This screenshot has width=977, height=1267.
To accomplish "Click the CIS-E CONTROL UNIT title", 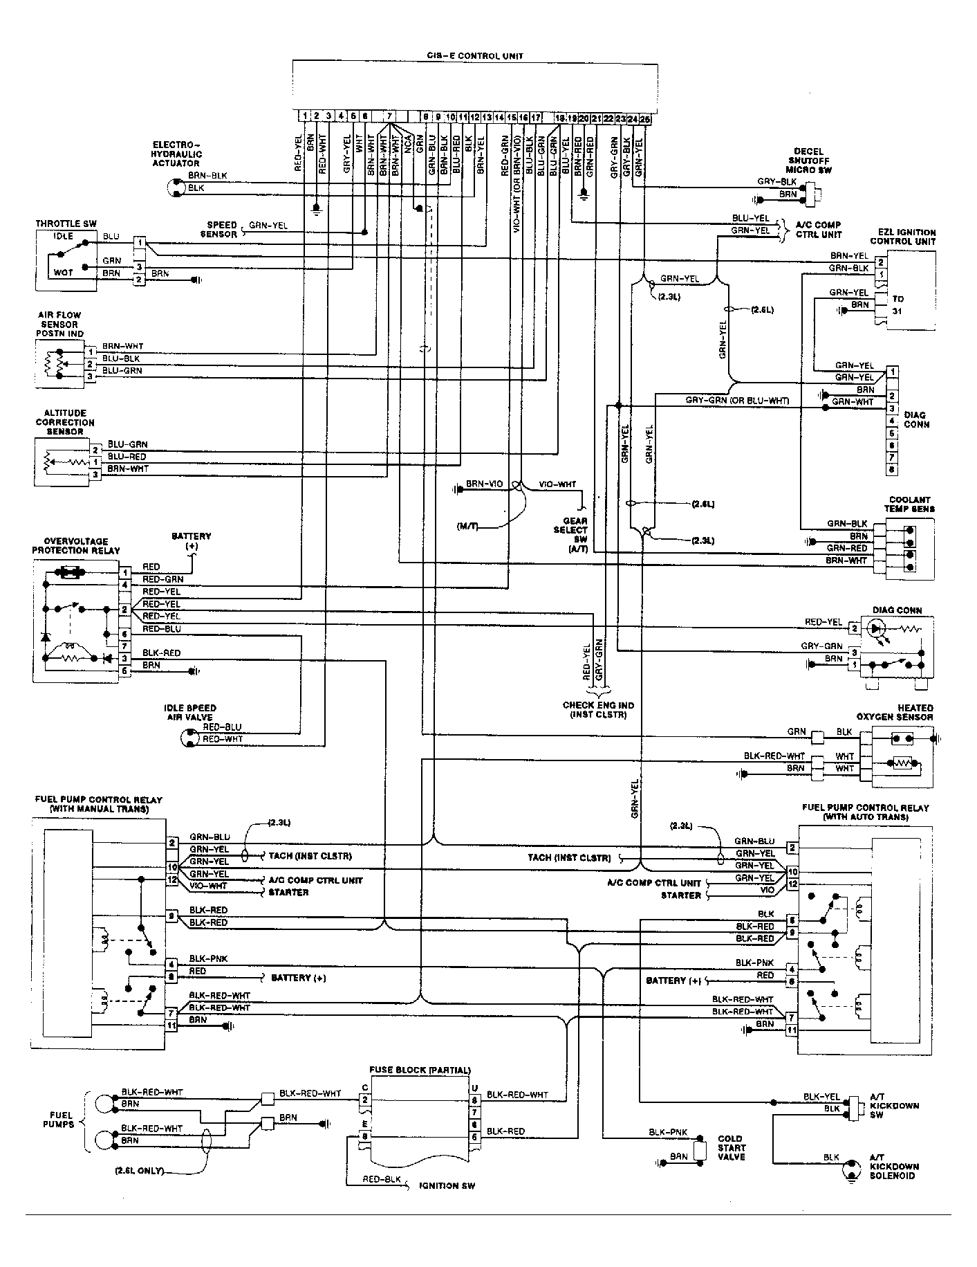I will click(474, 55).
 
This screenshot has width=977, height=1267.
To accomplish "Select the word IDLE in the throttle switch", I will click(64, 236).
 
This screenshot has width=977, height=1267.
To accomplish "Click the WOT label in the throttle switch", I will click(63, 273).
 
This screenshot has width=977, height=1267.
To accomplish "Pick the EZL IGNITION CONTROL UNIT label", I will click(907, 237).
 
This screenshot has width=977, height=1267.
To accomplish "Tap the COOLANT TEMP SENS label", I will click(910, 504).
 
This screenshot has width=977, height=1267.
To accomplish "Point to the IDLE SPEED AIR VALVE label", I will click(189, 712).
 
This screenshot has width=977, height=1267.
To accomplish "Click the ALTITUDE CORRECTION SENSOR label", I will click(65, 422).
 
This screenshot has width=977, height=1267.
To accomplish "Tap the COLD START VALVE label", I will click(730, 1147).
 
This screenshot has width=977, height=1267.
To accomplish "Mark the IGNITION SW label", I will click(447, 1185).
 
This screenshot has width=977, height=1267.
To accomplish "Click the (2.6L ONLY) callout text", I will click(139, 1170).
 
